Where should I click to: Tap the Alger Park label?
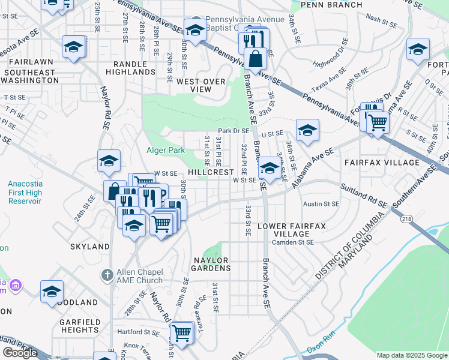point(166,151)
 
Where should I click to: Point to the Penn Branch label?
point(331,5)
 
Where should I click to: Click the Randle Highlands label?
point(130,68)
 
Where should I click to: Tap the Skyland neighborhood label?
point(89,247)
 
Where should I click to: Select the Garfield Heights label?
point(79,325)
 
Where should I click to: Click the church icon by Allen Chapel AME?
point(107,275)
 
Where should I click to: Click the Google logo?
point(20,353)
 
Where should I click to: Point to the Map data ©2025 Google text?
point(412,355)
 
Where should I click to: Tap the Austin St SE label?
point(321,204)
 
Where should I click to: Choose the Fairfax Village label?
point(381,163)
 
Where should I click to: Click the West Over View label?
point(201,85)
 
